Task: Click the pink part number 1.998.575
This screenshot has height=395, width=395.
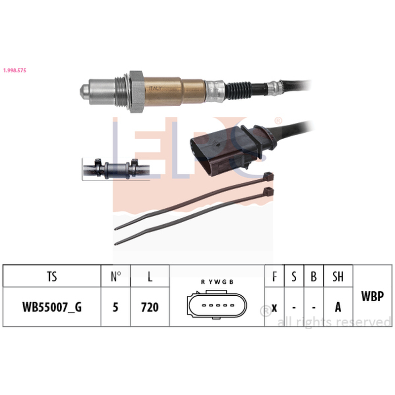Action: point(15,70)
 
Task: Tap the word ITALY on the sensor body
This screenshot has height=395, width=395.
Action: point(155,88)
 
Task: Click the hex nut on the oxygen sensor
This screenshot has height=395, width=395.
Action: point(137,92)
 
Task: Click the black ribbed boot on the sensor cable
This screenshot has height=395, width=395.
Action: point(238,90)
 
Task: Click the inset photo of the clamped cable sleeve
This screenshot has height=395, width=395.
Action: point(116,169)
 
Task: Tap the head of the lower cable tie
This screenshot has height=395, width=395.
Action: point(268,192)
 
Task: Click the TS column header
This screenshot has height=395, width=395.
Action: point(52,276)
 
